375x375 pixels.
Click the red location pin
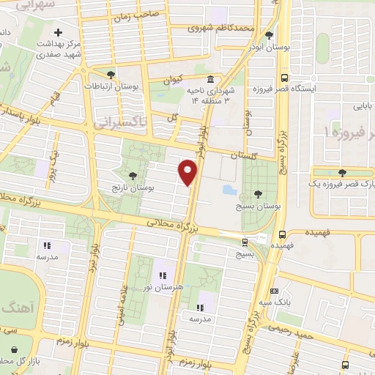coord(188,172)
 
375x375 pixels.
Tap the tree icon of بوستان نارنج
coord(132,175)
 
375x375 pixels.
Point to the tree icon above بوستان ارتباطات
coord(111,74)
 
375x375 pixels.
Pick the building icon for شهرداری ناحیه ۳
coord(211,79)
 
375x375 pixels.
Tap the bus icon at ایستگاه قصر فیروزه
coord(284,78)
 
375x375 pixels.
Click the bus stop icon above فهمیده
coord(283,235)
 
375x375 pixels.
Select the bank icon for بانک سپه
coord(275,291)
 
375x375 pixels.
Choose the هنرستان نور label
coord(161,286)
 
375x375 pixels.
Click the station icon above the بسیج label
coord(245,242)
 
